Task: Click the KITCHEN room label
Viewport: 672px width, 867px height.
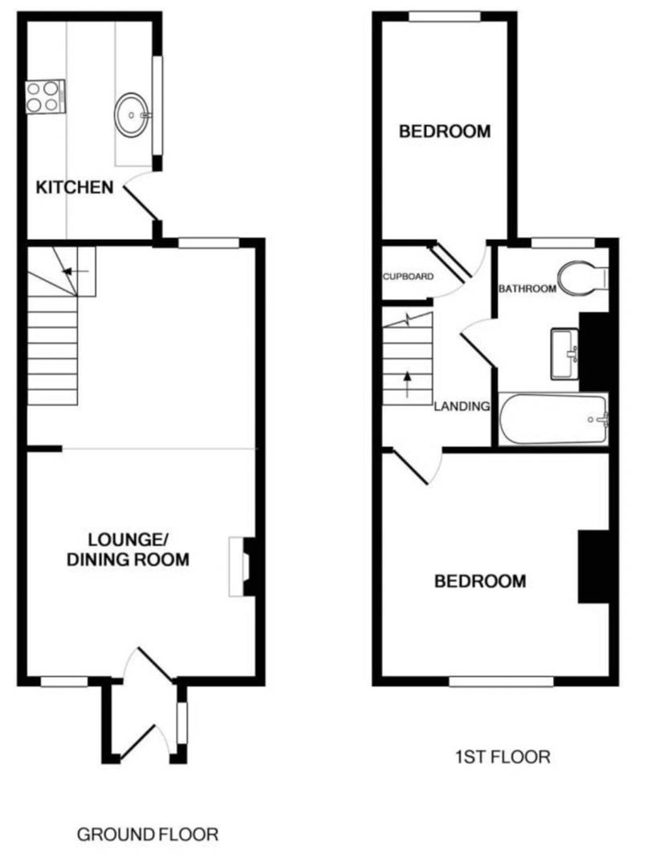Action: pos(74,188)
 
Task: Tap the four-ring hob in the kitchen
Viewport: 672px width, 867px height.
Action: pos(43,96)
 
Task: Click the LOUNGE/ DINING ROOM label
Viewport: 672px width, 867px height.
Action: pos(128,549)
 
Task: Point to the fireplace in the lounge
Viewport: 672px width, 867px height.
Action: pos(240,567)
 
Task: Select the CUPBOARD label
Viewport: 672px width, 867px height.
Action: pos(408,277)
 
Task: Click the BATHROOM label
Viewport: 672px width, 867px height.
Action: pos(527,289)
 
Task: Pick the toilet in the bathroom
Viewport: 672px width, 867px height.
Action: pos(583,279)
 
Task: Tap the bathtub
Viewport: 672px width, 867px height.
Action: pos(554,419)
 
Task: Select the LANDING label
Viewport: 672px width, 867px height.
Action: pos(462,406)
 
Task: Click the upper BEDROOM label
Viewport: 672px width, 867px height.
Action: pos(445,131)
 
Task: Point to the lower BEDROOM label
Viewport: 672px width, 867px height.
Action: pos(480,580)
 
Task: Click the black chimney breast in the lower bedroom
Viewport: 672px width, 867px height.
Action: pos(593,566)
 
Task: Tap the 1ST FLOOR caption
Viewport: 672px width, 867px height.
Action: pos(503,756)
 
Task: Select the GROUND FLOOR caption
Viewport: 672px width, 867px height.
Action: pos(148,835)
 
